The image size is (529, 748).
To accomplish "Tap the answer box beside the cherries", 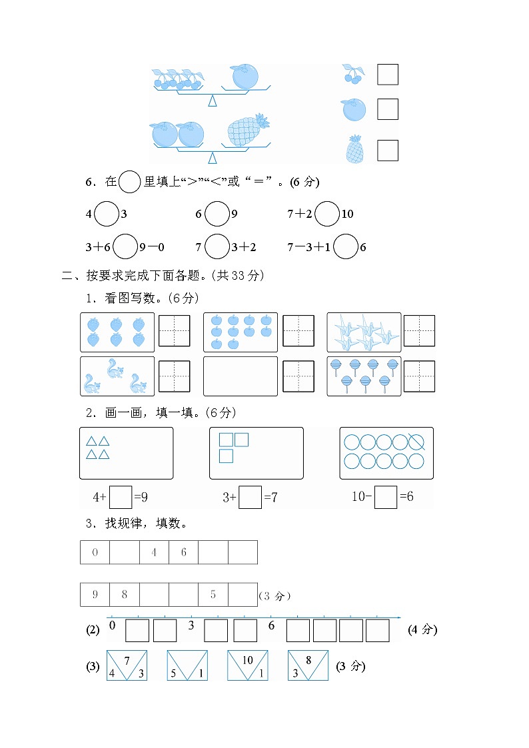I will tap(387, 74).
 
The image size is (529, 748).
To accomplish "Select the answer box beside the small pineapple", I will tap(387, 150).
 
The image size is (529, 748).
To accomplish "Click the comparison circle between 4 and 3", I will tap(106, 214).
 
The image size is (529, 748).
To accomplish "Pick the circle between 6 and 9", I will tap(216, 214).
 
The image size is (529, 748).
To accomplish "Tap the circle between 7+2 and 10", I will tap(326, 214).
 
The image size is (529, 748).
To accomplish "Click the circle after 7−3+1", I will tap(345, 247).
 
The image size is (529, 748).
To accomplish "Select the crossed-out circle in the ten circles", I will tap(416, 442).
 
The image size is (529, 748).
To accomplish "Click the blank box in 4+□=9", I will tap(121, 497).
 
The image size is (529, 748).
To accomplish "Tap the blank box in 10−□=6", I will tap(385, 497).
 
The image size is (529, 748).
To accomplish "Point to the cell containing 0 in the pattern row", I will tap(95, 552).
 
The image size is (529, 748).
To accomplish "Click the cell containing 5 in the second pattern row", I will tap(213, 595).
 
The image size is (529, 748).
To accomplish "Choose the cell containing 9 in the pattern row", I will tap(95, 595).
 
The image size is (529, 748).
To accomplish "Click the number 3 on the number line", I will tap(191, 625).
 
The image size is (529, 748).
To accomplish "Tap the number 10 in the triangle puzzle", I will tap(247, 660).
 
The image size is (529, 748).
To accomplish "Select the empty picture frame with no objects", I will tap(240, 376).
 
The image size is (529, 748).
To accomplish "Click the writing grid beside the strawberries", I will tap(174, 331).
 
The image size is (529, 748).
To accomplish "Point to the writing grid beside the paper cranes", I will tap(419, 331).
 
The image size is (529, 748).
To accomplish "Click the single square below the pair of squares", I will tap(226, 456).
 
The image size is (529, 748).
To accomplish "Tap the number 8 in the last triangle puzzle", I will tap(308, 660).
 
